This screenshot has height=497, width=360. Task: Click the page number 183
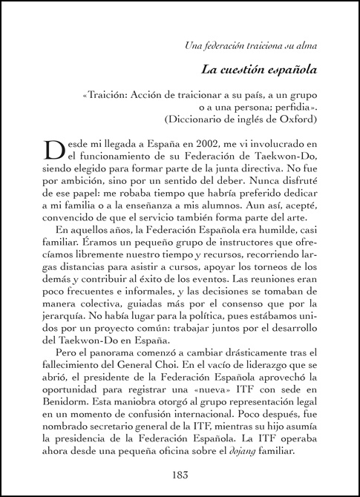(180, 475)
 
